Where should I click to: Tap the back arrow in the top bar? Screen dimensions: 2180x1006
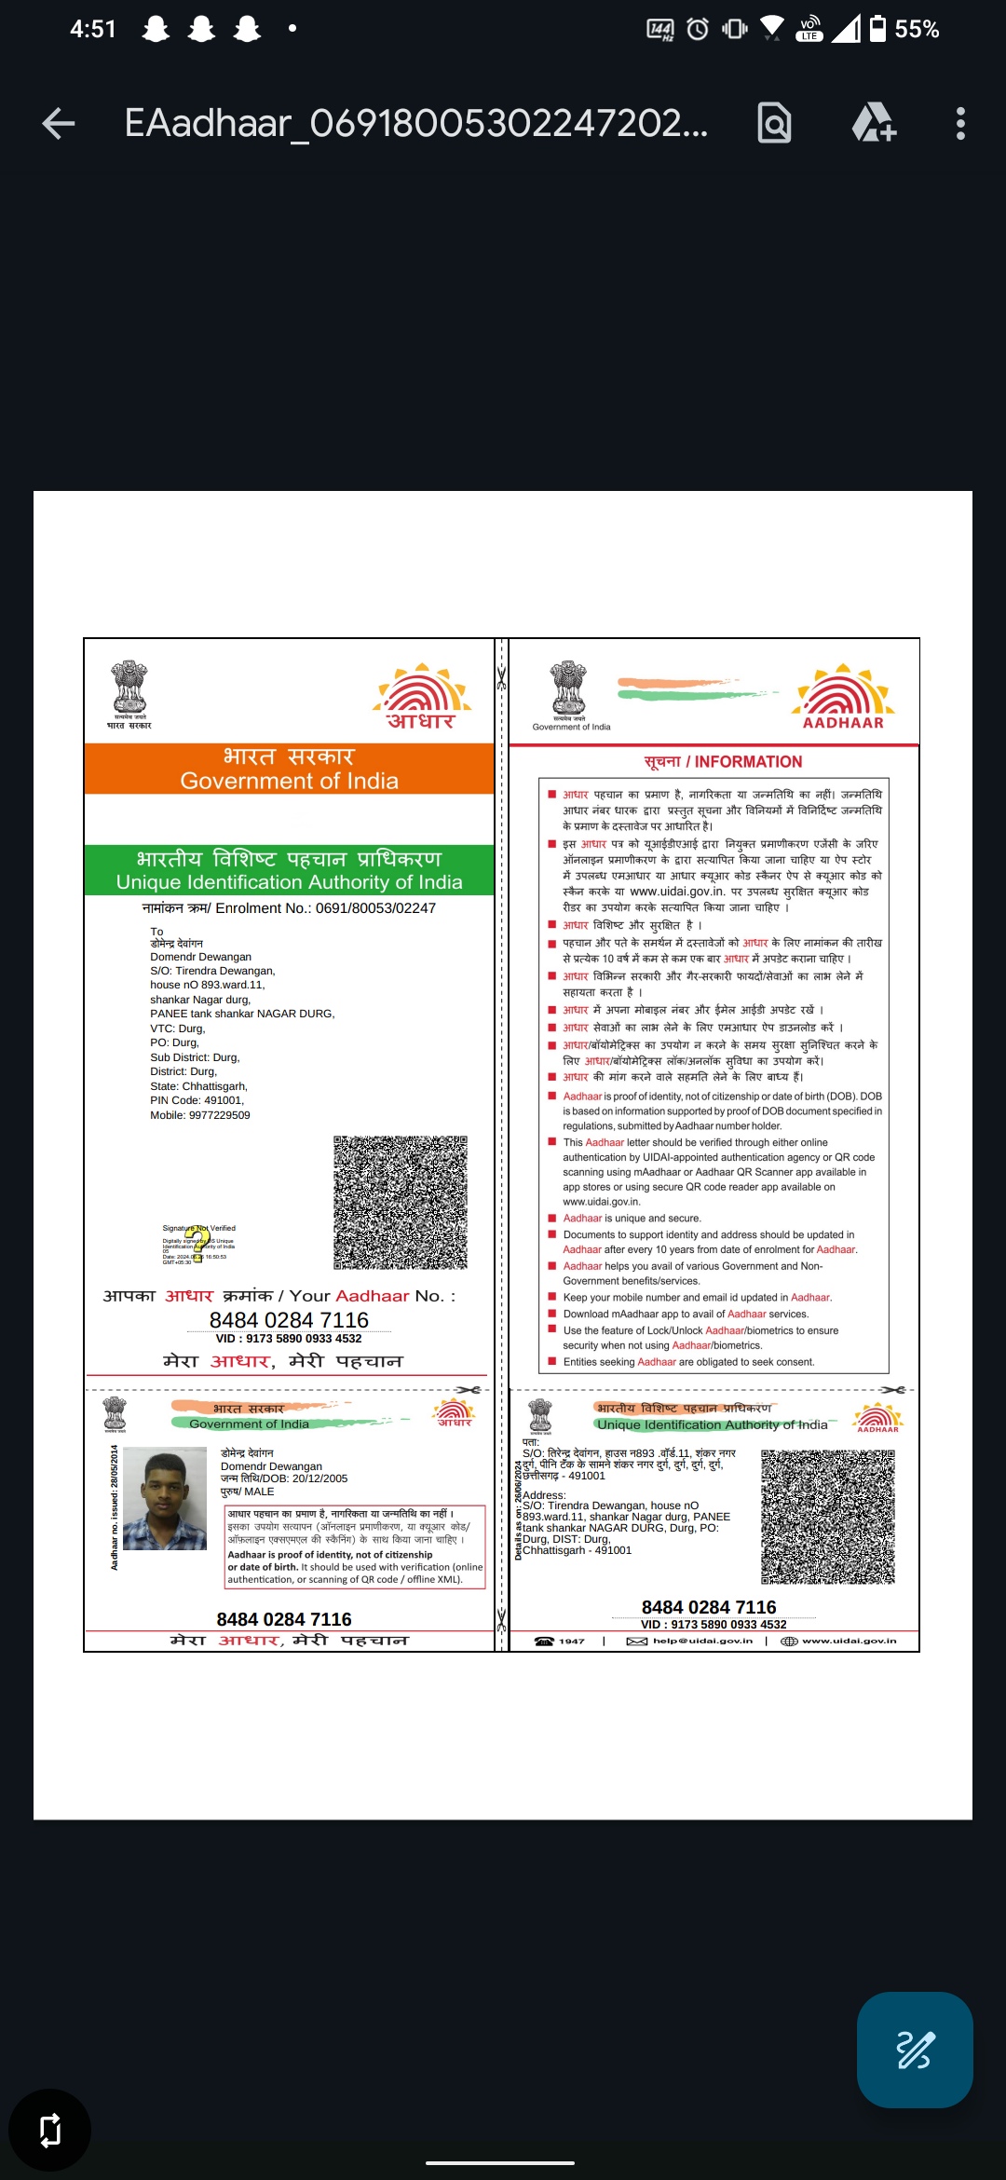(x=59, y=123)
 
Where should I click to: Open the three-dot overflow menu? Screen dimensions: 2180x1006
(x=960, y=123)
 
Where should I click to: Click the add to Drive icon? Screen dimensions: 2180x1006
(x=874, y=123)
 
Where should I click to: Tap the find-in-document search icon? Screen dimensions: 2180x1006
(x=774, y=123)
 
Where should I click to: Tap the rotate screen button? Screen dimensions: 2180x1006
(x=49, y=2130)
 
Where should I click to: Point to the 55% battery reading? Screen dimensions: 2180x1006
(x=917, y=30)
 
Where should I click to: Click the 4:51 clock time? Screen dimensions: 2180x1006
(x=93, y=30)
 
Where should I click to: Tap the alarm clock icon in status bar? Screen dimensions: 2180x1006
(x=698, y=30)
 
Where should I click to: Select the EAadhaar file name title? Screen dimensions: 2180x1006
(x=415, y=123)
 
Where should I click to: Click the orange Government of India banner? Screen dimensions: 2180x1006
(x=289, y=769)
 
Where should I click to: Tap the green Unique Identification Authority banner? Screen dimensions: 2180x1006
(x=289, y=870)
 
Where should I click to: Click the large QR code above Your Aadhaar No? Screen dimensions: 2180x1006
(x=401, y=1202)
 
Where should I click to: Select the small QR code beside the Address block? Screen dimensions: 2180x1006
(x=828, y=1517)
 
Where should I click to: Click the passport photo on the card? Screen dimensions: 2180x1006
(x=165, y=1498)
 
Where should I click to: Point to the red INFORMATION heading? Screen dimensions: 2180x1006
(x=723, y=762)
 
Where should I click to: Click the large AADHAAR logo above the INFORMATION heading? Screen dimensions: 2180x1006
(x=843, y=697)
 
